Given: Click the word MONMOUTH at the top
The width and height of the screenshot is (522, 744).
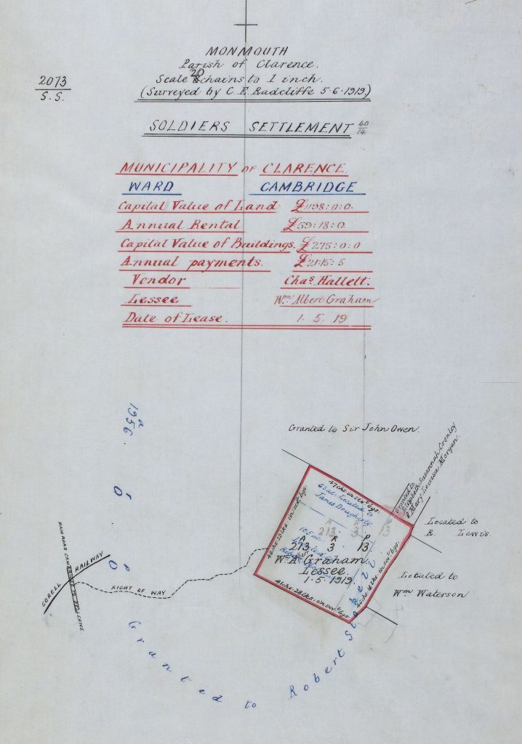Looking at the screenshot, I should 246,52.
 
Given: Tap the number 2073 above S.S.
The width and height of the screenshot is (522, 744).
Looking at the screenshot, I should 50,82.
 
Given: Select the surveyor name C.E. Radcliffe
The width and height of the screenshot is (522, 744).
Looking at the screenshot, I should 299,92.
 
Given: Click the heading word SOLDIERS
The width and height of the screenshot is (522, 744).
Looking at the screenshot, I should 190,127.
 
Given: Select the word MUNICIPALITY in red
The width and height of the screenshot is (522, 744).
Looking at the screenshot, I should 178,168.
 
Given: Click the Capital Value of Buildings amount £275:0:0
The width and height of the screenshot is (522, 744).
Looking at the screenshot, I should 330,246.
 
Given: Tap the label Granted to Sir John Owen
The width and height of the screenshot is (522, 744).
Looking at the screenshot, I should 354,429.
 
